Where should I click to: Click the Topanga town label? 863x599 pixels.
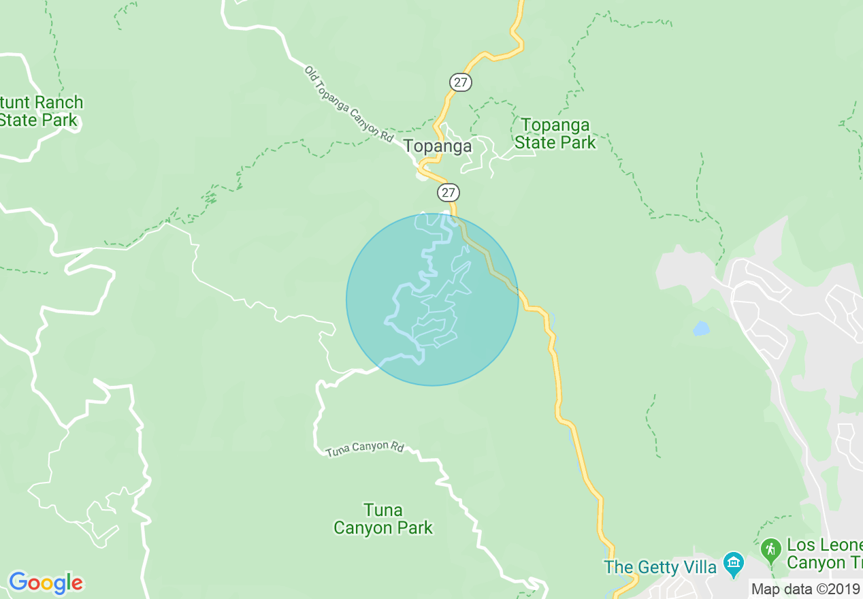(x=437, y=146)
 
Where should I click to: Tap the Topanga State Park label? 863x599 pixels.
(x=555, y=134)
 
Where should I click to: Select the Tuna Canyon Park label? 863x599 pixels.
(x=383, y=519)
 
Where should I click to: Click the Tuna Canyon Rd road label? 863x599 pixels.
(x=365, y=449)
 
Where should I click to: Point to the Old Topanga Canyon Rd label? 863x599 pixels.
(x=349, y=103)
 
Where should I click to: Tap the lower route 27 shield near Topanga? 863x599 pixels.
(x=447, y=193)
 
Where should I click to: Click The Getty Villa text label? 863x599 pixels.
(x=660, y=567)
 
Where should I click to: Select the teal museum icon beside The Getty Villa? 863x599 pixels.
(x=733, y=563)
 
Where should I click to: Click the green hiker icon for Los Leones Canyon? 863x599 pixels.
(x=770, y=548)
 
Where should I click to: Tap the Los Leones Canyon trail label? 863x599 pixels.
(x=824, y=554)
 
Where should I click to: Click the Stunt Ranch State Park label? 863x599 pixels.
(x=41, y=112)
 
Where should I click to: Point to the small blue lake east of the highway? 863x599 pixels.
(x=701, y=329)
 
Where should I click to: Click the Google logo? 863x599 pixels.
(x=46, y=583)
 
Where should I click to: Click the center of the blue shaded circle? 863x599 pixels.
(x=432, y=299)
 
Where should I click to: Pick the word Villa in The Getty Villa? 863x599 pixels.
(x=698, y=567)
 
